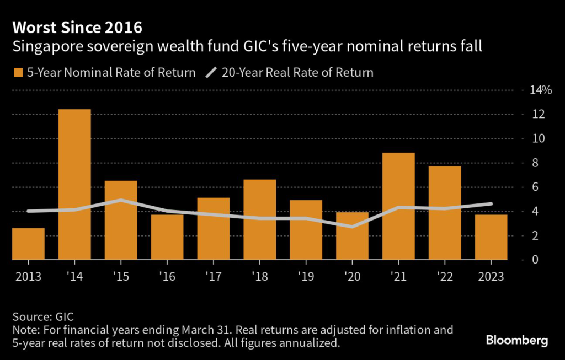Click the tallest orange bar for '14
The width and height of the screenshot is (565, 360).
(74, 184)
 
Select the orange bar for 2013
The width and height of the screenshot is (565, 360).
(28, 244)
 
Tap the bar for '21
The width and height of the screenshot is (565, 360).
(398, 206)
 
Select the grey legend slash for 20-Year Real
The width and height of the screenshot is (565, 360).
(211, 73)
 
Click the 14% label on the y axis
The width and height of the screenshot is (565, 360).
(540, 90)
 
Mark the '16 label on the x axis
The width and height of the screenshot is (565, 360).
(167, 277)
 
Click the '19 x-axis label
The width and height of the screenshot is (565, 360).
(306, 277)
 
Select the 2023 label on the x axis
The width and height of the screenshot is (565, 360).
(492, 277)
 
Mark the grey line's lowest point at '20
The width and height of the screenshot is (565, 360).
(352, 227)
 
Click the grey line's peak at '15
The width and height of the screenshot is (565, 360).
(121, 200)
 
